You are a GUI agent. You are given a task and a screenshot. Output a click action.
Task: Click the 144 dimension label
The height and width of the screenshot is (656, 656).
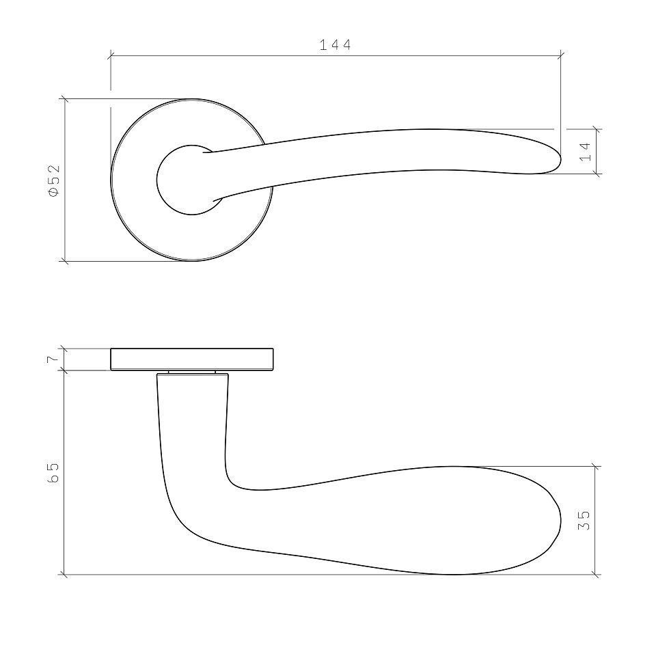[335, 45]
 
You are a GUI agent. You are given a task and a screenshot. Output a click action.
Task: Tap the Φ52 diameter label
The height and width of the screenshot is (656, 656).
[55, 180]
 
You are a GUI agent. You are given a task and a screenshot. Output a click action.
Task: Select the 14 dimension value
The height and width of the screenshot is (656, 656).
[585, 152]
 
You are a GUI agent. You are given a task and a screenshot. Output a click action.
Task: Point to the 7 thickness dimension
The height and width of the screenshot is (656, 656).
[53, 359]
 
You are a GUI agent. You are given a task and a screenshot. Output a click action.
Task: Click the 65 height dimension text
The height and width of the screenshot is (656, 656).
[54, 473]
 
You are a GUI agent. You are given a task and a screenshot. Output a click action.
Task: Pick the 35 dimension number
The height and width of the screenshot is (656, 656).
[584, 521]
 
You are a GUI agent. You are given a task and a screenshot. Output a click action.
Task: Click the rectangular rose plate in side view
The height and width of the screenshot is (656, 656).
[192, 359]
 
